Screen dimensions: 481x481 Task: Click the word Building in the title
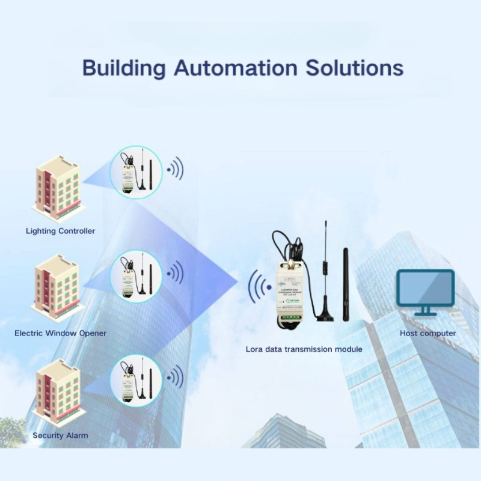123,67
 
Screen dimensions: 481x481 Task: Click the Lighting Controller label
60,230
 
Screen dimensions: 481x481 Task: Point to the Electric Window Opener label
60,332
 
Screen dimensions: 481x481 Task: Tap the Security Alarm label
60,435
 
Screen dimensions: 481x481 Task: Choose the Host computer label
427,333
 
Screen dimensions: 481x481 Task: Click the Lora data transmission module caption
304,349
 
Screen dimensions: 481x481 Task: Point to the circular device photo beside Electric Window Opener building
136,275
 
